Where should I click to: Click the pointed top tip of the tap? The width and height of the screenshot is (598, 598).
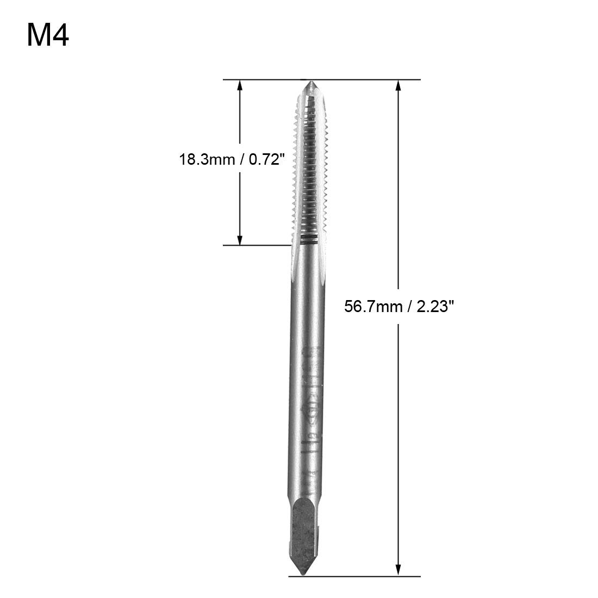pyautogui.click(x=311, y=83)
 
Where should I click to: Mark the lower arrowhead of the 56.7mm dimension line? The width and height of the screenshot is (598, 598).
pyautogui.click(x=398, y=568)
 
